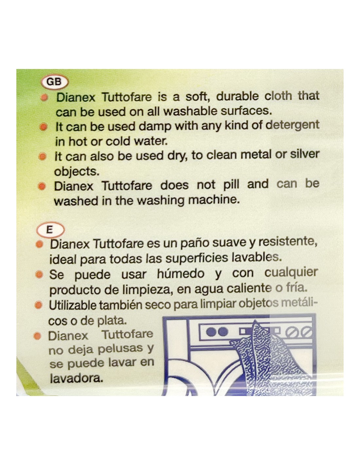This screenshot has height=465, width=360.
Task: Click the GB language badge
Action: point(55,82)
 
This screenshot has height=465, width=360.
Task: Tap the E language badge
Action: point(50,230)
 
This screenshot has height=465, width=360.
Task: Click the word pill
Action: point(231,185)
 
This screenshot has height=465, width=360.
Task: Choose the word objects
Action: point(77,171)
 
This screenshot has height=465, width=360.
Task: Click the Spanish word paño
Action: point(193,244)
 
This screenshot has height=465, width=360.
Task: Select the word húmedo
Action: point(181,274)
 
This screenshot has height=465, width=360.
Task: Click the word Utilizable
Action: point(72,305)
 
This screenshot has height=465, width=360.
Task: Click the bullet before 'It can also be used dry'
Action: point(43,157)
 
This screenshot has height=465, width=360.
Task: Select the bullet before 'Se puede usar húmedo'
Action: point(39,275)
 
